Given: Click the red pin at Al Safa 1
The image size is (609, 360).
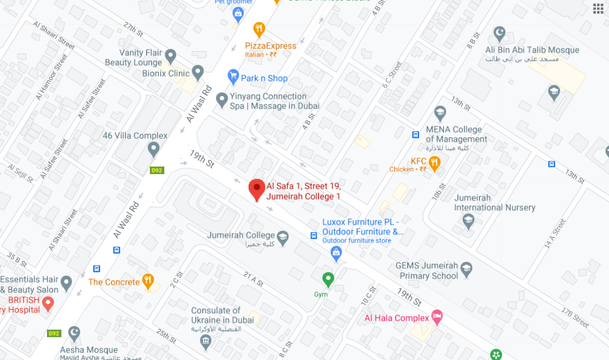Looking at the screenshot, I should pos(257,188).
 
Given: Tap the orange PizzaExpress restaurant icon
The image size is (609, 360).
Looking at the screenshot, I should pos(259,29).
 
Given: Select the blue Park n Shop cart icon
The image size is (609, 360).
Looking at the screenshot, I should pos(233,77).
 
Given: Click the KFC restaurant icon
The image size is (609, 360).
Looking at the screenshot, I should pos(434,164).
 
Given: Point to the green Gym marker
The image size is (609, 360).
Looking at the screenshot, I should pos(329,280).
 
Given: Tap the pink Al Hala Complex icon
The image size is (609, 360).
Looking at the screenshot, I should pos(436,316).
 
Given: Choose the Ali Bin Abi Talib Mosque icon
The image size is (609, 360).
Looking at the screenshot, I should pos(500,34).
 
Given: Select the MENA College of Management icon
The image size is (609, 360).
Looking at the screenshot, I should pos(440,113).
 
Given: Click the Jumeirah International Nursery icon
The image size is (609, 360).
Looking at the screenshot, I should pos(468,221).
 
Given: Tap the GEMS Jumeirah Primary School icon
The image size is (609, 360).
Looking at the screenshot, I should pos(467,268).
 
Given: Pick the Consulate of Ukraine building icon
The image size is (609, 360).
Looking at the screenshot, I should pos(205,341).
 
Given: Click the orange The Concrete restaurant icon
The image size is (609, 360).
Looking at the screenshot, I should pos(148,281).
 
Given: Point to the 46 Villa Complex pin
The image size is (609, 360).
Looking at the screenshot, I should pos(153,149).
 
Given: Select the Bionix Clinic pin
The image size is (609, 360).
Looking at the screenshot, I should pos(198,72).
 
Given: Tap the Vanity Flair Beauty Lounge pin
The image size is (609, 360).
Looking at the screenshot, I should pos(171,56).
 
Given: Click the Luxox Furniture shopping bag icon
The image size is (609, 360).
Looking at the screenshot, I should pos(336,252).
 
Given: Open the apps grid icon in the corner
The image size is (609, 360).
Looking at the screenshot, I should pos(598,8).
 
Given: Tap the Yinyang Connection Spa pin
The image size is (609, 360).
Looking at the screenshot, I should pos(222,100).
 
